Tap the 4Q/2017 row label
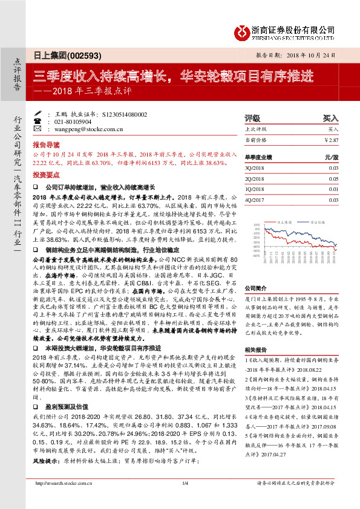(x=254, y=199)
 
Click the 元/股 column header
(x=330, y=156)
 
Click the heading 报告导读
(x=47, y=146)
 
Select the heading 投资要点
(x=47, y=173)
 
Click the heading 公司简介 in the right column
(x=255, y=289)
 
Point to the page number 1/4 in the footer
(x=185, y=483)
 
